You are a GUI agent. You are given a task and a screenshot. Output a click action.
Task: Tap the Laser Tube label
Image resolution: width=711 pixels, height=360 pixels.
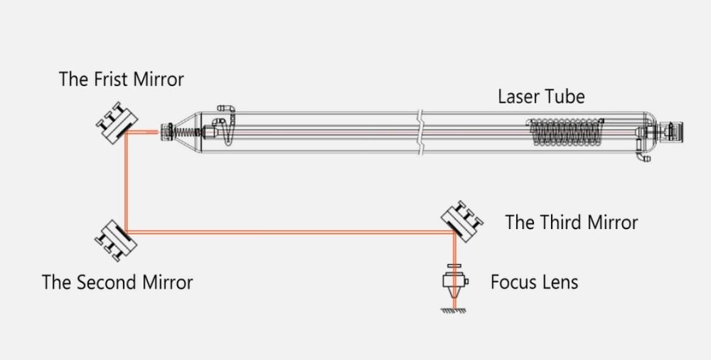541,97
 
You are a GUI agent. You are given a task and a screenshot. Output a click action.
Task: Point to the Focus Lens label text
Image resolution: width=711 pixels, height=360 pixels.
535,282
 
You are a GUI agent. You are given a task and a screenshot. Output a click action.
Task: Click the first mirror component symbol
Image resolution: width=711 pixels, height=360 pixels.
117,123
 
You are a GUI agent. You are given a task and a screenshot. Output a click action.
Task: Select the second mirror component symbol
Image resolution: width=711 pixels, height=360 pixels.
116,240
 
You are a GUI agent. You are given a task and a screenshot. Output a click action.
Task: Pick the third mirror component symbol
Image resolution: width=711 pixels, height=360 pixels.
462,221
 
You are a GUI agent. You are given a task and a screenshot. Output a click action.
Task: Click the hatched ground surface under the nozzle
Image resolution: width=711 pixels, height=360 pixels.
454,310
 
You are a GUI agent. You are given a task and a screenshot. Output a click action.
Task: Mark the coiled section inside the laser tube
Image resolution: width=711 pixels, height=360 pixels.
565,132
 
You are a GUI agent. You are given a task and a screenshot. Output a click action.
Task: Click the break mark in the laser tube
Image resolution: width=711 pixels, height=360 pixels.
421,132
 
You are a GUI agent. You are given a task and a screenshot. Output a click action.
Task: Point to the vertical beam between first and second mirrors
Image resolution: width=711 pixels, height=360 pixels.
126,181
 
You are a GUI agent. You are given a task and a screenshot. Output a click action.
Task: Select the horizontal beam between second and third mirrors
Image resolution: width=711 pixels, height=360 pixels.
290,232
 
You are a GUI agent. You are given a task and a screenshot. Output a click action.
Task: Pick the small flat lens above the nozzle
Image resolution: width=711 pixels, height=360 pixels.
454,266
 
